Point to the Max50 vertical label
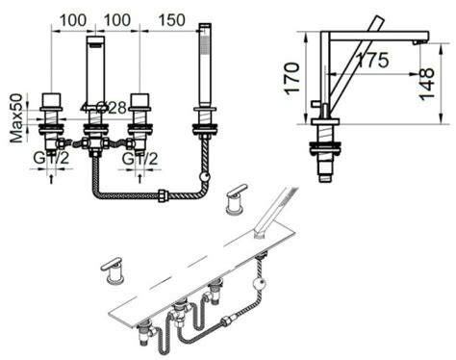click(x=16, y=118)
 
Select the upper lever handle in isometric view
click(x=235, y=200)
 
